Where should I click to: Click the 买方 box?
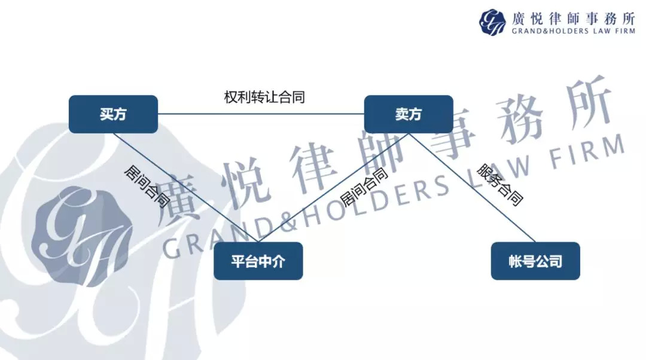point(113,114)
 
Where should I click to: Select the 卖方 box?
point(409,114)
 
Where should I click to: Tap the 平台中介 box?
point(258,261)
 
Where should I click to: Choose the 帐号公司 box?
point(535,261)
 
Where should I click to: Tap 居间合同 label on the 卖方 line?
point(363,187)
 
